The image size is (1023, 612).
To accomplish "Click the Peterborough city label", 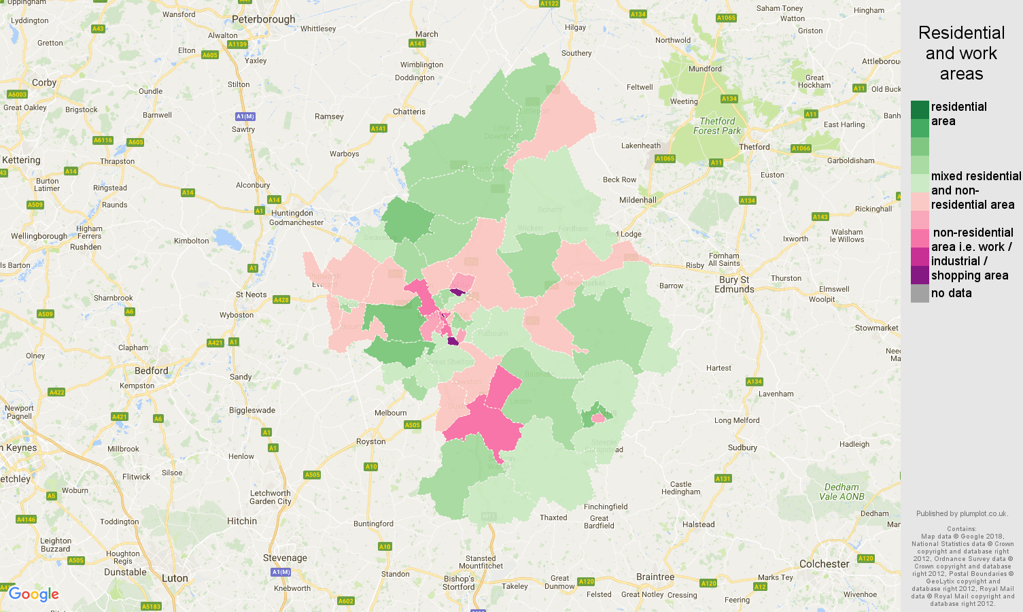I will (264, 20).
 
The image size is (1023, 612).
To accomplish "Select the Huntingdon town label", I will (292, 213).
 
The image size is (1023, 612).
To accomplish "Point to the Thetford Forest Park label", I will (717, 126).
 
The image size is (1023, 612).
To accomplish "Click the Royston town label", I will (370, 441).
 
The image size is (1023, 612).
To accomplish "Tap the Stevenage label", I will (285, 558).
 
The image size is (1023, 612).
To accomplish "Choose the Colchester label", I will (824, 564).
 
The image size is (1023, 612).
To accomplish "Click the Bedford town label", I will (151, 371).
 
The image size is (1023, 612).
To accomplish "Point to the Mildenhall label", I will (638, 200).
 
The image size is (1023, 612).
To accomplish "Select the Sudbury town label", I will (742, 447).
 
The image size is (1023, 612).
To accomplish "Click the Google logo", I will (34, 594).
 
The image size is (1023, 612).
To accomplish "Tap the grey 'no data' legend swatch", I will (920, 293).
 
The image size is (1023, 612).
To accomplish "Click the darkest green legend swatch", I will (920, 109).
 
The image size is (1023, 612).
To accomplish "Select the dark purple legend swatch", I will (920, 275).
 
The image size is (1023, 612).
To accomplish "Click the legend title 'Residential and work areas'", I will (961, 53).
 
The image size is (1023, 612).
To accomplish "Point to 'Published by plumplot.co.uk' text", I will (961, 513).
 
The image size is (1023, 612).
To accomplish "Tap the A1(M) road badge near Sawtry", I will (245, 116).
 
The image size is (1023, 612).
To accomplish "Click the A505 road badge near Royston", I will (412, 425).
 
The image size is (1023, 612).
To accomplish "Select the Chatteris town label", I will (409, 112).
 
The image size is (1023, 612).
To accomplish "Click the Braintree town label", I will (655, 577).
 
